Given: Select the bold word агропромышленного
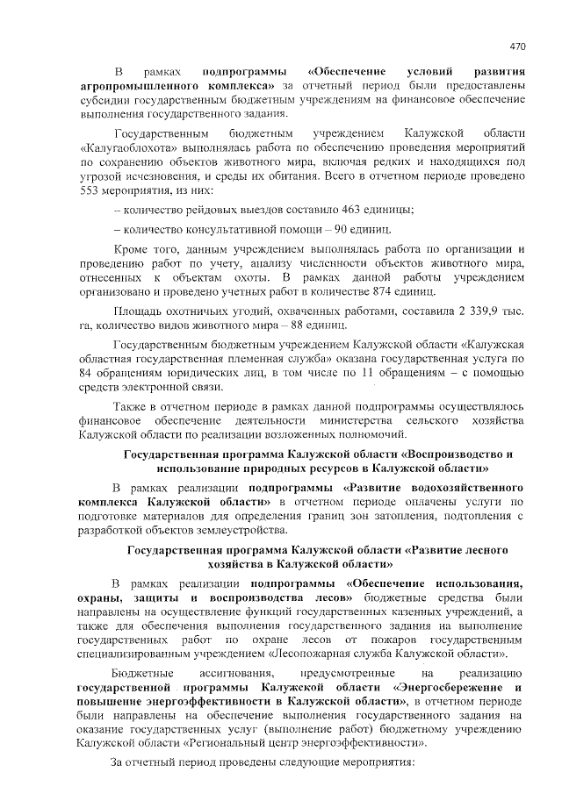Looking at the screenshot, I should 131,85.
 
